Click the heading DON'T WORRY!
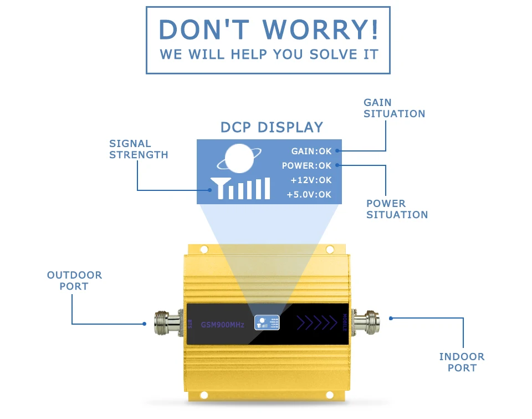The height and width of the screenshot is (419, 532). (x=268, y=29)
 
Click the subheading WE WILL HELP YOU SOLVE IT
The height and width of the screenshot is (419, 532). (x=268, y=54)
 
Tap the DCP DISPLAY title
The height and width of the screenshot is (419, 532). (x=272, y=127)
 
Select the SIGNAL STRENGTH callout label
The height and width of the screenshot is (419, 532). (x=138, y=149)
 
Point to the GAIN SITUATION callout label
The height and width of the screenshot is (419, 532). (x=394, y=108)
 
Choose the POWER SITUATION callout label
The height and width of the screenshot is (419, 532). (x=397, y=209)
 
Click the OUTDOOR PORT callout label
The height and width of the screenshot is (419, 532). (x=74, y=281)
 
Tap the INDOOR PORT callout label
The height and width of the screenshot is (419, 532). (x=462, y=362)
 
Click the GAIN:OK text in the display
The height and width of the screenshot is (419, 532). (x=311, y=151)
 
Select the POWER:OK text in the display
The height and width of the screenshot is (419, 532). (x=306, y=165)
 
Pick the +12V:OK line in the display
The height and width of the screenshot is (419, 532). (x=311, y=180)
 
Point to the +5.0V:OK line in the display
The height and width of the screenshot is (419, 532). (x=309, y=194)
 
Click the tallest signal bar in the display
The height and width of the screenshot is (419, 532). (x=267, y=188)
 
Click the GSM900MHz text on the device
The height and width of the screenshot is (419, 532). (x=222, y=325)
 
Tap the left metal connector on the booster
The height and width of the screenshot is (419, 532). (x=166, y=321)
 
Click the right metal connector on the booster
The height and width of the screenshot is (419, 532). (x=366, y=320)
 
